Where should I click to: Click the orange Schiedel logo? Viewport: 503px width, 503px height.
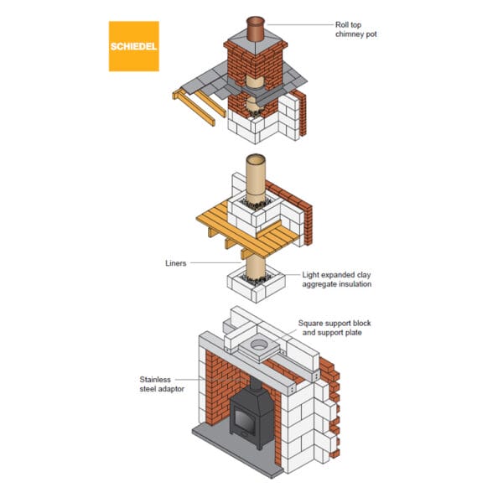(133, 46)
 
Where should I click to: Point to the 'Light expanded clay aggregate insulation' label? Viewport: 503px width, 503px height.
(336, 279)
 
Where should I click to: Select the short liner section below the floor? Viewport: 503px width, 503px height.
(255, 270)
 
